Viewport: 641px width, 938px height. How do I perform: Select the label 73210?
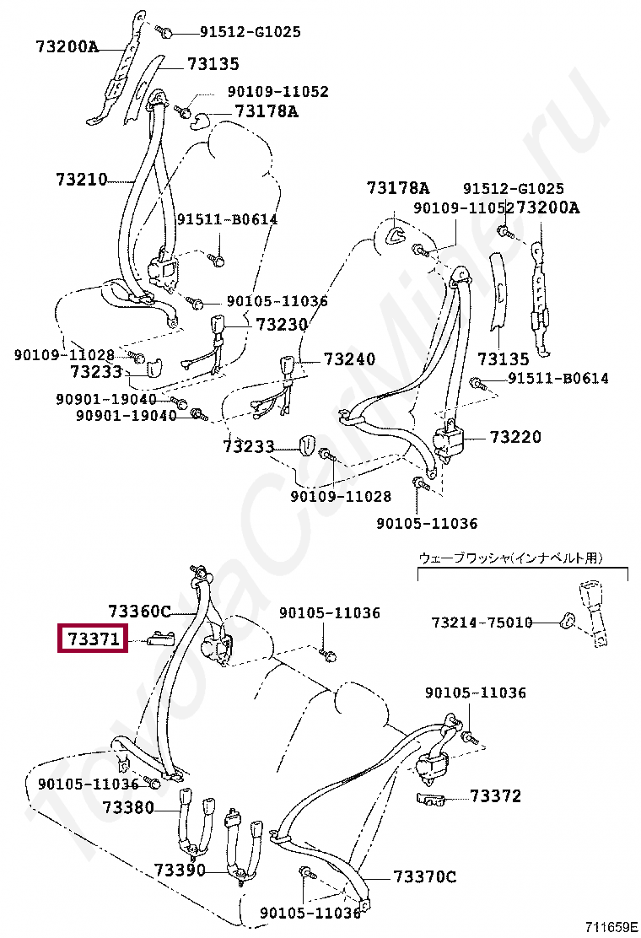coord(82,179)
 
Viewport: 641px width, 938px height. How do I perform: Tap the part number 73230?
coord(281,324)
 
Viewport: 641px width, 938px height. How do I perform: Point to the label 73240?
coord(348,359)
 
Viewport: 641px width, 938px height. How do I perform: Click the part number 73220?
coord(515,437)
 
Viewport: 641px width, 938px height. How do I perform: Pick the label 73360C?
coord(139,611)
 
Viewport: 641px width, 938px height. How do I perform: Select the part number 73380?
coord(128,807)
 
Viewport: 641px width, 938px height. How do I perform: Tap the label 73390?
coord(179,869)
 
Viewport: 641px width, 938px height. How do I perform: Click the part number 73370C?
coord(424,877)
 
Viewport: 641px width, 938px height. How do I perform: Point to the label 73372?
coord(495,795)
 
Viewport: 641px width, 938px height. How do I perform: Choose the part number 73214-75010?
coord(482,623)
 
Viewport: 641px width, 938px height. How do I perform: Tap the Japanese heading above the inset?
coord(511,558)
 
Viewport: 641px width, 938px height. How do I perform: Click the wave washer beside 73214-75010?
coord(568,623)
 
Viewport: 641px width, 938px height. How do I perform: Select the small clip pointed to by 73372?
coord(431,798)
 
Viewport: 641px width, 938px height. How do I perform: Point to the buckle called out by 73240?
coord(288,367)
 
